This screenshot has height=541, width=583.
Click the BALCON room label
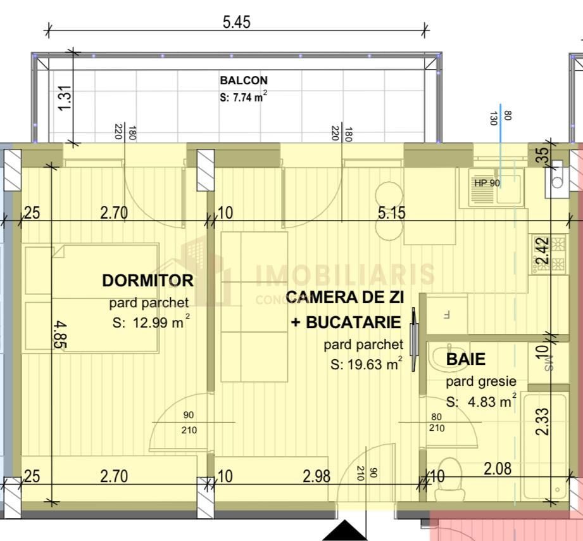click(x=244, y=80)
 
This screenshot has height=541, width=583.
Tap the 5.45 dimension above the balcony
click(x=236, y=22)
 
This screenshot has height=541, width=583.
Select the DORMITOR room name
click(x=147, y=280)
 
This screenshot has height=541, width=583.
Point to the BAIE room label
click(x=466, y=359)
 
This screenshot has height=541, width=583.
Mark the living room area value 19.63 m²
click(x=366, y=364)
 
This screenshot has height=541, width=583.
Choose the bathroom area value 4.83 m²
click(x=481, y=401)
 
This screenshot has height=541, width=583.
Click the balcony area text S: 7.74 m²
click(x=244, y=97)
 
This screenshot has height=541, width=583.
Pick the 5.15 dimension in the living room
click(x=391, y=213)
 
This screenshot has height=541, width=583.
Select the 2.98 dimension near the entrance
click(x=316, y=476)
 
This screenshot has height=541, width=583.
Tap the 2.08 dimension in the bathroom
click(x=498, y=469)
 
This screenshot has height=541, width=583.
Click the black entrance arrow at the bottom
click(x=345, y=531)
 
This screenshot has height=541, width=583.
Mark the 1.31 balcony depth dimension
click(x=68, y=99)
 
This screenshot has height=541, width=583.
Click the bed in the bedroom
click(x=92, y=298)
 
